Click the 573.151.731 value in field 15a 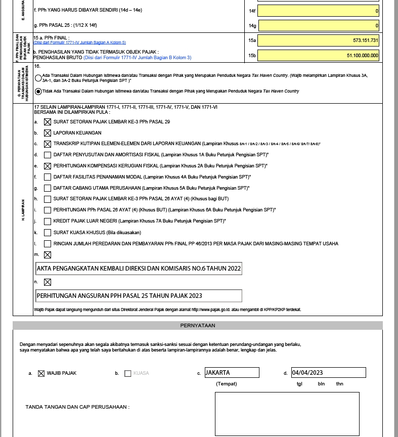(x=318, y=40)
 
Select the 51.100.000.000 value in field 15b (x=318, y=56)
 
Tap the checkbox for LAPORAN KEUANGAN (x=48, y=133)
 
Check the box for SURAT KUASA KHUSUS (x=48, y=233)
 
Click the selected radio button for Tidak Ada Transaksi (x=38, y=92)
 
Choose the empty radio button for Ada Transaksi (x=38, y=78)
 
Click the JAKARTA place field (x=232, y=373)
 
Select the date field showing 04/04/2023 (x=328, y=373)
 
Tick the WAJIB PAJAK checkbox (x=41, y=374)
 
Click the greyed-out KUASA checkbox (x=128, y=374)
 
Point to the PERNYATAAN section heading (x=198, y=325)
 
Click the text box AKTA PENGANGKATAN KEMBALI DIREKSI (x=139, y=269)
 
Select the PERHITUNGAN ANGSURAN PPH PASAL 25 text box (x=139, y=296)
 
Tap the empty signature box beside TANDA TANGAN (x=287, y=414)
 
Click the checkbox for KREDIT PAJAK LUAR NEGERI (x=48, y=222)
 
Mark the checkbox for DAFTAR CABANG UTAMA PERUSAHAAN (x=48, y=188)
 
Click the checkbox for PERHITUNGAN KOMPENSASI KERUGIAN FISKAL (x=48, y=166)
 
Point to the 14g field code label (x=252, y=26)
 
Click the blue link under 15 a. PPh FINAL (x=79, y=43)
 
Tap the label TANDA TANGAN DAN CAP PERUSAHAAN (x=77, y=407)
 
